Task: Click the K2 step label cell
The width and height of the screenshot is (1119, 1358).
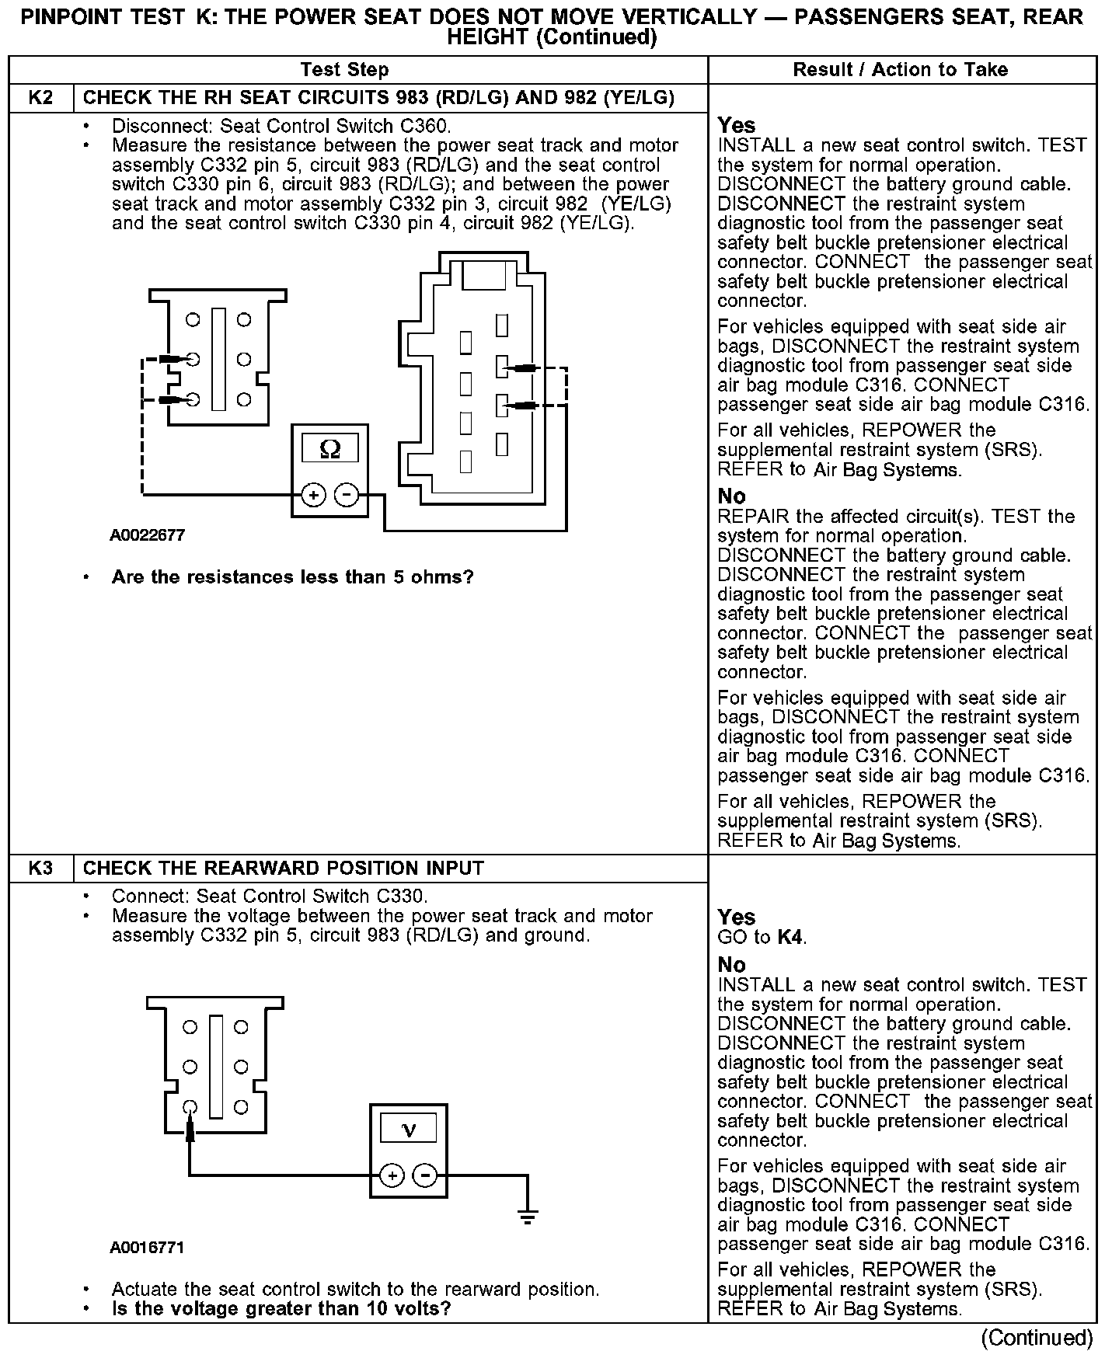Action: (x=41, y=98)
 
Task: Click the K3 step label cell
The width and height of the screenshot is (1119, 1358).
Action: (x=41, y=869)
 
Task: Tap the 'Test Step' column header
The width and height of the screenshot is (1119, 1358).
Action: (x=344, y=70)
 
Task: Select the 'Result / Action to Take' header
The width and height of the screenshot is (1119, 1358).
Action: (x=900, y=70)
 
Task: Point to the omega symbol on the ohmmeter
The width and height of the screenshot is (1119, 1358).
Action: (x=330, y=449)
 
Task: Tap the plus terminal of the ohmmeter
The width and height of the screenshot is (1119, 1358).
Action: (x=313, y=495)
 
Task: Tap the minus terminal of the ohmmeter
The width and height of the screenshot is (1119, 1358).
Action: (x=347, y=495)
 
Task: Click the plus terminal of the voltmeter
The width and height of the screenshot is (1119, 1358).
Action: (x=392, y=1175)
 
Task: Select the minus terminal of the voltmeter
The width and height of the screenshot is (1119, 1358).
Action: (x=425, y=1175)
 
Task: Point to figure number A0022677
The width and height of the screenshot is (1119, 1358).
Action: (x=148, y=535)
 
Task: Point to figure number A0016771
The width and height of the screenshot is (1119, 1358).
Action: (x=148, y=1247)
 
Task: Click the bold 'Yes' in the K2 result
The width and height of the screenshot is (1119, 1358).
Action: (x=736, y=125)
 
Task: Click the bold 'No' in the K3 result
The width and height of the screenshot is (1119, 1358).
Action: (x=731, y=964)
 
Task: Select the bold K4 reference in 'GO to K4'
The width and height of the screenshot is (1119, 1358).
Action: (x=790, y=937)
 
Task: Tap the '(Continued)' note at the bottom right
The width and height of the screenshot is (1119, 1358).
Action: (x=1037, y=1337)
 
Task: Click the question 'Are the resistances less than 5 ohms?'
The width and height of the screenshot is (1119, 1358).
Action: (x=292, y=577)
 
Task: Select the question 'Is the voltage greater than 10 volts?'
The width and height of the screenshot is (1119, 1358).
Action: (x=281, y=1308)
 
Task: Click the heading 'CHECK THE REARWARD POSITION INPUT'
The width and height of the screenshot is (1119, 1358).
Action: (x=283, y=869)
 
